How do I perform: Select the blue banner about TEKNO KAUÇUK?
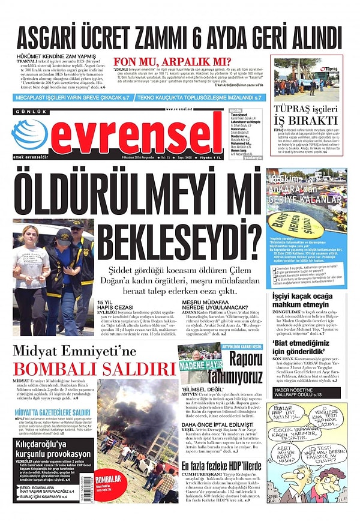[199, 97]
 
